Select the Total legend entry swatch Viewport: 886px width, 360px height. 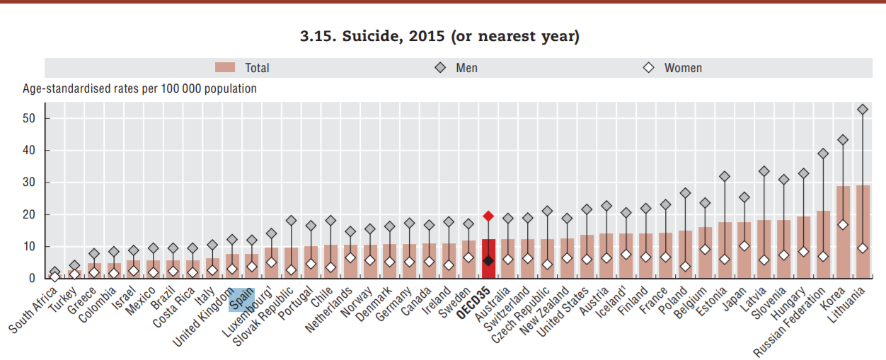pos(224,68)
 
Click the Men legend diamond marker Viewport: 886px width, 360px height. pos(440,68)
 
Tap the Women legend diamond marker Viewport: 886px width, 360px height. pos(648,68)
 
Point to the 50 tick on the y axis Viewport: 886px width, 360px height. pos(28,119)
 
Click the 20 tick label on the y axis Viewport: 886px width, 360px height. pos(28,214)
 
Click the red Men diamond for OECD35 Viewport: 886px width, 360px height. pos(488,216)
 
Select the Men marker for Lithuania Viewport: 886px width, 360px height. pos(863,110)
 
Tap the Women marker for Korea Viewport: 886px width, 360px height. pos(843,225)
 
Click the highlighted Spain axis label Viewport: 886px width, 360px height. pos(241,305)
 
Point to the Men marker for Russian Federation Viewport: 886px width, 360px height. pos(823,153)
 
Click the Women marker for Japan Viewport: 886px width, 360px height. pos(744,245)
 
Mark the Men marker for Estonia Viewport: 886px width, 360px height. pos(724,176)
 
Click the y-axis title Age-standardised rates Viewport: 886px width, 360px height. pos(139,89)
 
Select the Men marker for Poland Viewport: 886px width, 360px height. pos(685,193)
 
